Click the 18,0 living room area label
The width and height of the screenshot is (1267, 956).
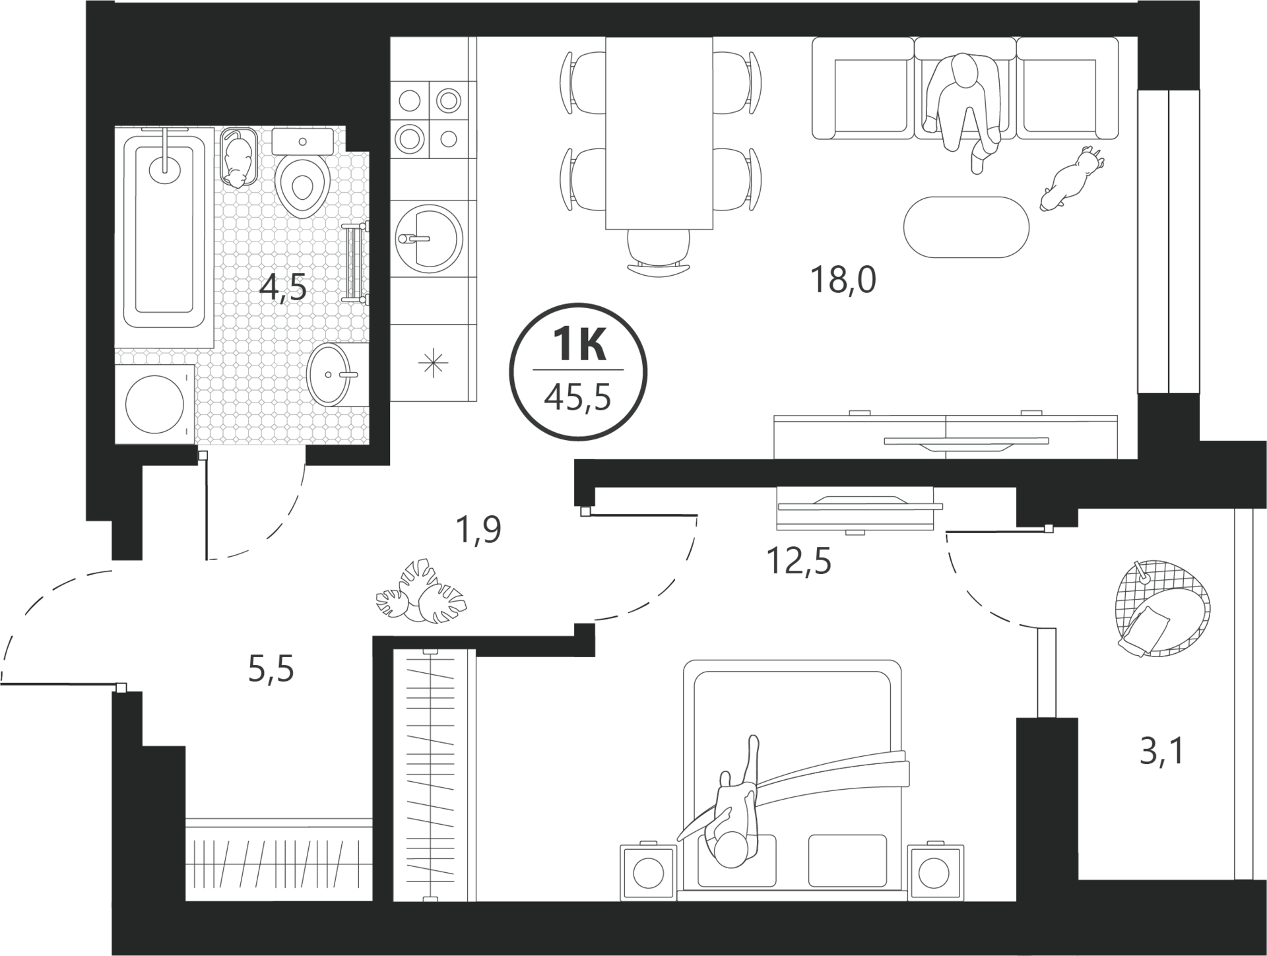(843, 281)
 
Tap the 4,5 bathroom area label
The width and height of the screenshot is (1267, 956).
(283, 288)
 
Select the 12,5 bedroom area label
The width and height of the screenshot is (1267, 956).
(798, 562)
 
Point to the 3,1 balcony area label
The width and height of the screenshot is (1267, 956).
(1163, 751)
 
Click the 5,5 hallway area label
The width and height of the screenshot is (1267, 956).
(271, 670)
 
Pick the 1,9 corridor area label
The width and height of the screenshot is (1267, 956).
(478, 530)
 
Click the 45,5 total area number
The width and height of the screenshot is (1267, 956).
(578, 398)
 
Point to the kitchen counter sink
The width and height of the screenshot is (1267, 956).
(428, 238)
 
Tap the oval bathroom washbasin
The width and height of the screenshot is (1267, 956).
(329, 374)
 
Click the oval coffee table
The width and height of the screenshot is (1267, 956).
(966, 227)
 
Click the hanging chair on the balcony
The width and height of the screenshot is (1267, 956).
(1163, 608)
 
